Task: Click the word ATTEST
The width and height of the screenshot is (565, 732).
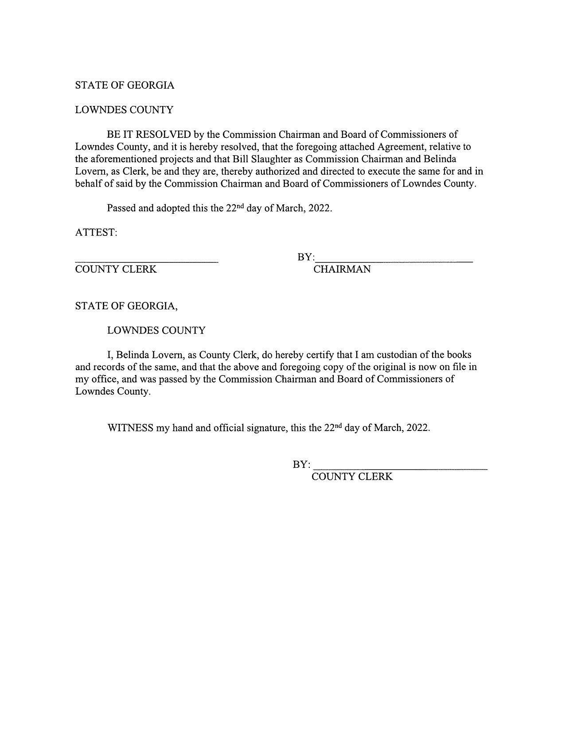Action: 95,232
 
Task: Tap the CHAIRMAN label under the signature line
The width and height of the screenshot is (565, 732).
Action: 342,269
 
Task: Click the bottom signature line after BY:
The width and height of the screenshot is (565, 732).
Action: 400,468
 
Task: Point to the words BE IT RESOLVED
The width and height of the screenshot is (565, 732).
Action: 148,134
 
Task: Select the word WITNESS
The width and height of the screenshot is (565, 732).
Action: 130,428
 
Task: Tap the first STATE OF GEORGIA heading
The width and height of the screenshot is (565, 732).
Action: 125,85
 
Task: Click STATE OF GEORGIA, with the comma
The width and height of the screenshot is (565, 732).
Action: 126,306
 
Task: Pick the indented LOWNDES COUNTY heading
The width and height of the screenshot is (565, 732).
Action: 156,330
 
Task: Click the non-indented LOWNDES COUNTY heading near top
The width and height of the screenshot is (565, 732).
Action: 124,110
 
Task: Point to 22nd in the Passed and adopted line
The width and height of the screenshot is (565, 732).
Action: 235,207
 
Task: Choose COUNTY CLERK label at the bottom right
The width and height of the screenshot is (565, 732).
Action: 352,477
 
